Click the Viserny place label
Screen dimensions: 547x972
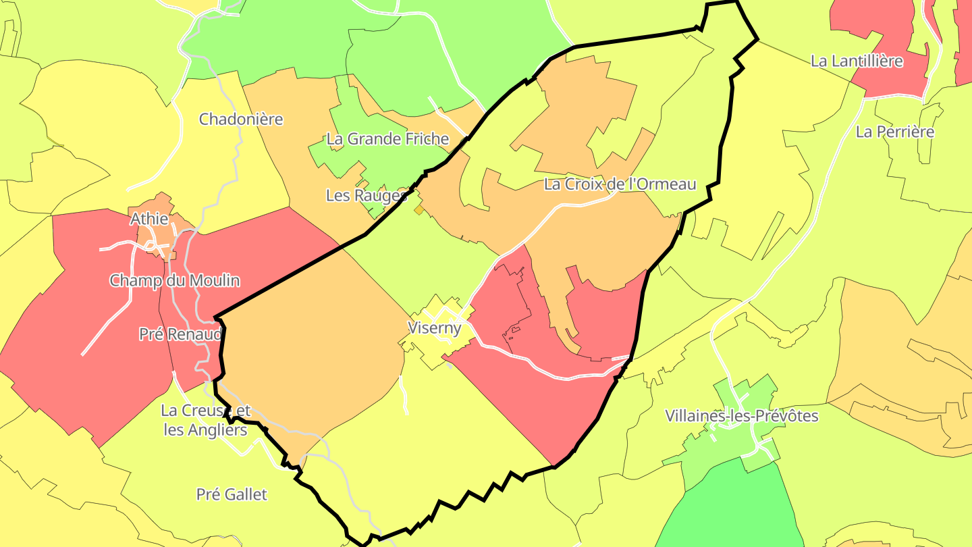(x=435, y=328)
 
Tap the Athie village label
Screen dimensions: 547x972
(x=149, y=219)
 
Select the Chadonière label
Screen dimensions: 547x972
(x=241, y=120)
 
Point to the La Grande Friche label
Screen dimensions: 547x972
(x=387, y=139)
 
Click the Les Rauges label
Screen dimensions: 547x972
(x=367, y=196)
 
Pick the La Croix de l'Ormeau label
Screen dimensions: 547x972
(x=620, y=184)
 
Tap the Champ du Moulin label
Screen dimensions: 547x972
(x=175, y=280)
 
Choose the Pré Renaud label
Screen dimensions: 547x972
(x=180, y=334)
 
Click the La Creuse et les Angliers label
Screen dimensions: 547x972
(x=205, y=420)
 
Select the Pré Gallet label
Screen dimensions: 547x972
(x=232, y=494)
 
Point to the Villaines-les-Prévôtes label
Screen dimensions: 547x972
(x=741, y=416)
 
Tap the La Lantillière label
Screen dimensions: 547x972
(x=857, y=61)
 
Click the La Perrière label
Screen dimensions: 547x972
(x=895, y=132)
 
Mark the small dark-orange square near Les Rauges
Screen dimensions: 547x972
(x=419, y=210)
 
